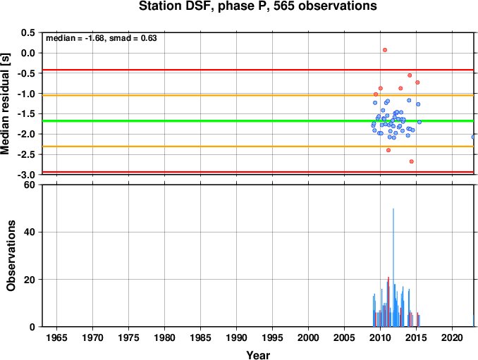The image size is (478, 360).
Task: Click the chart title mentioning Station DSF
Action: pyautogui.click(x=257, y=6)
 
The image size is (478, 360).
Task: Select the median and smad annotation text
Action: pyautogui.click(x=102, y=38)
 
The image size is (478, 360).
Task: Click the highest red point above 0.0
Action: pyautogui.click(x=385, y=50)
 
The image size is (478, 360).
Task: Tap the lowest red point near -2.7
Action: pyautogui.click(x=412, y=161)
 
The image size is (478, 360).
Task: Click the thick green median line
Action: pyautogui.click(x=258, y=121)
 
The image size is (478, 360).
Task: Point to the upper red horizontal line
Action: pyautogui.click(x=258, y=70)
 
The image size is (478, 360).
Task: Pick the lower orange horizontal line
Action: pyautogui.click(x=258, y=147)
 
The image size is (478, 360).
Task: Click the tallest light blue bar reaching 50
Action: pyautogui.click(x=393, y=268)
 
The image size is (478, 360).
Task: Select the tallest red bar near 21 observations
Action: pyautogui.click(x=388, y=302)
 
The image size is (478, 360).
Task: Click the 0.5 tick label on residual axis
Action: pyautogui.click(x=27, y=32)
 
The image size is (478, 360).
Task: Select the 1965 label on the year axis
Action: pyautogui.click(x=56, y=337)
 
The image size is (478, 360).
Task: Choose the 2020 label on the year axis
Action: pyautogui.click(x=452, y=337)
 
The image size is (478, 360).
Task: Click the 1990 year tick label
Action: pyautogui.click(x=237, y=337)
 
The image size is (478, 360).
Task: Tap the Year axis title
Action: pyautogui.click(x=258, y=355)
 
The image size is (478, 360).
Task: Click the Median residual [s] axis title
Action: pyautogui.click(x=5, y=104)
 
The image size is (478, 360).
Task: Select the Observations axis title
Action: pyautogui.click(x=11, y=256)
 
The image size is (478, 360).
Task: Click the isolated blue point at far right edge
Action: pyautogui.click(x=473, y=137)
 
